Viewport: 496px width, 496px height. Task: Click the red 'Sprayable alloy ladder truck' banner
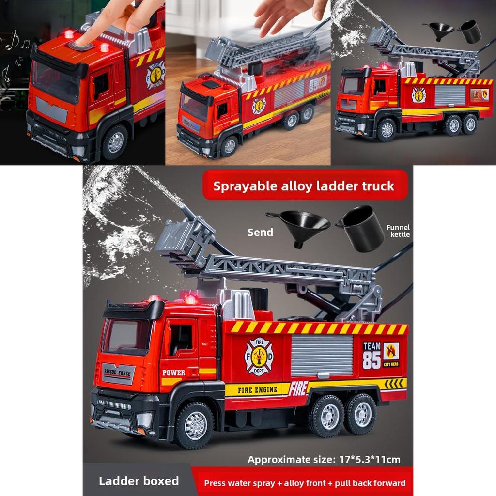(304, 186)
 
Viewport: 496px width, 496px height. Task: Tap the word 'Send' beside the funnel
(260, 232)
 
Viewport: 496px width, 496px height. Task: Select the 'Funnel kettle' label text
(398, 231)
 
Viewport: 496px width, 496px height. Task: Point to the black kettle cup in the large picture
(362, 228)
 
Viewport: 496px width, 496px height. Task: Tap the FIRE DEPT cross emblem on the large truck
(258, 356)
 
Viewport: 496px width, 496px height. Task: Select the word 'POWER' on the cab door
(173, 373)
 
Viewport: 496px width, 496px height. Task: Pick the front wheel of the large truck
(195, 425)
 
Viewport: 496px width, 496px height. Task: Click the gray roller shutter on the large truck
(322, 356)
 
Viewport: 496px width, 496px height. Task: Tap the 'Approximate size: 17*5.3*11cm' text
(324, 459)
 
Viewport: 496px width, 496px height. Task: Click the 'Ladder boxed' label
(139, 481)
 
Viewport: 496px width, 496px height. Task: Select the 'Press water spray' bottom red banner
(304, 482)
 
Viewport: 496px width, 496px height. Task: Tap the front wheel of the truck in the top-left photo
(115, 142)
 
